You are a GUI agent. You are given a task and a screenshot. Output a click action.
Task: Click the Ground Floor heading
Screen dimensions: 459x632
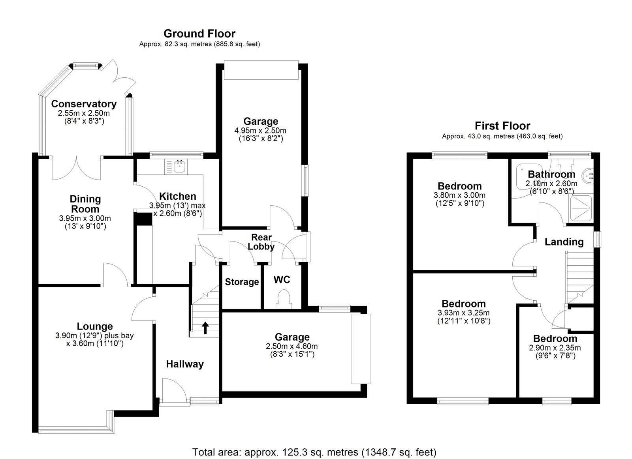[199, 34]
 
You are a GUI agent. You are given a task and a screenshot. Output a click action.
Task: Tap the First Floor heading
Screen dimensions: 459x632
[502, 126]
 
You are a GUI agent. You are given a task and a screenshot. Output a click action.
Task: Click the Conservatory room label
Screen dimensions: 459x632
[84, 104]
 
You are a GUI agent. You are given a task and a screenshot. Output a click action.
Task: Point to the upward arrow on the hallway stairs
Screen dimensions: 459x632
[205, 328]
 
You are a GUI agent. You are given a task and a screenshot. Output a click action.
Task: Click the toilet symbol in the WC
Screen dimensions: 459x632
[283, 299]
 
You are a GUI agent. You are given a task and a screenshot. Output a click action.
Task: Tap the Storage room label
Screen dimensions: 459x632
[242, 282]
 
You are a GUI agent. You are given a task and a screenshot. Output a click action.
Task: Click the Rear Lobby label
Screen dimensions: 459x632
[261, 242]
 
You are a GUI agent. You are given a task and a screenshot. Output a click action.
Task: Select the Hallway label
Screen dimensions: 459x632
[184, 364]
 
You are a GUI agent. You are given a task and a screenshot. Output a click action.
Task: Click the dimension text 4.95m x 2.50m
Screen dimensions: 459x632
[260, 131]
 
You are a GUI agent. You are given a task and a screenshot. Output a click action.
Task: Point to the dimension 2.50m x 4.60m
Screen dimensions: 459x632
[292, 347]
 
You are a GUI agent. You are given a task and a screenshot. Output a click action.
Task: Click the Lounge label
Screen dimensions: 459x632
[95, 326]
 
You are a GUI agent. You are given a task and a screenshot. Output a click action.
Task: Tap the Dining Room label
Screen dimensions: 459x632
[85, 204]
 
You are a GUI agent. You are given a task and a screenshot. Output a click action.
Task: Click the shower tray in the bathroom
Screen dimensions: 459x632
[581, 208]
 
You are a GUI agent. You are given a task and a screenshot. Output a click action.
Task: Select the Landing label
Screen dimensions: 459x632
[564, 242]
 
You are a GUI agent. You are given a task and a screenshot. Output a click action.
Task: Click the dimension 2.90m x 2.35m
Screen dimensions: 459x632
[555, 348]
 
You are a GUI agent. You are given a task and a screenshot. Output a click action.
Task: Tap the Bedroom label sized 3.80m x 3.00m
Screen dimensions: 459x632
[459, 186]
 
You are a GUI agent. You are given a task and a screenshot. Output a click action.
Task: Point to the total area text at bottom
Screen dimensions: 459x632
[314, 452]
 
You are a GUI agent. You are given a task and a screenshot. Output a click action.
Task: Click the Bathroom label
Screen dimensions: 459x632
[551, 174]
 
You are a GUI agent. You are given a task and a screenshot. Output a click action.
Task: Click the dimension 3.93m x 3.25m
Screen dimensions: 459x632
[464, 313]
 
